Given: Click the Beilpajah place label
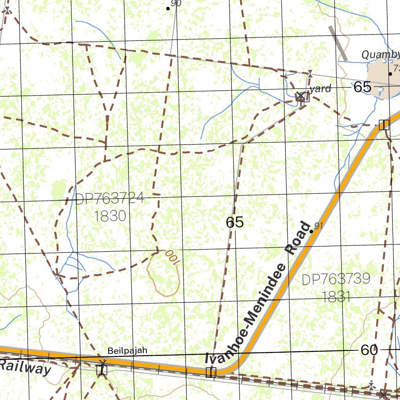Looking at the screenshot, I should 128,350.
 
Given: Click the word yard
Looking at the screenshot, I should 322,89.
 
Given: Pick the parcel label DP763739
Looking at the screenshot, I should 336,279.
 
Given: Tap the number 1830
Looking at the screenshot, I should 110,216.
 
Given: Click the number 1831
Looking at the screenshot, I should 336,297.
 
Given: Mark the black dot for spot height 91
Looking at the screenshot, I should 311,232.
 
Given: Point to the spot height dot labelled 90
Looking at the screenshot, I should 168,8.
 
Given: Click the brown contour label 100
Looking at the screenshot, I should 171,258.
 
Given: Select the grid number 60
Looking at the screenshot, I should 369,350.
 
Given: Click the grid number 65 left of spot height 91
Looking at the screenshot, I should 235,222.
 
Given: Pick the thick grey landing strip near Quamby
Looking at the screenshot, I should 338,43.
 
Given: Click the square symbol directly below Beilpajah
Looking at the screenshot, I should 102,369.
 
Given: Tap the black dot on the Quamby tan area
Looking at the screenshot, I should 390,73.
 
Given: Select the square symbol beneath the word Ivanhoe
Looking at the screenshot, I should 211,372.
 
